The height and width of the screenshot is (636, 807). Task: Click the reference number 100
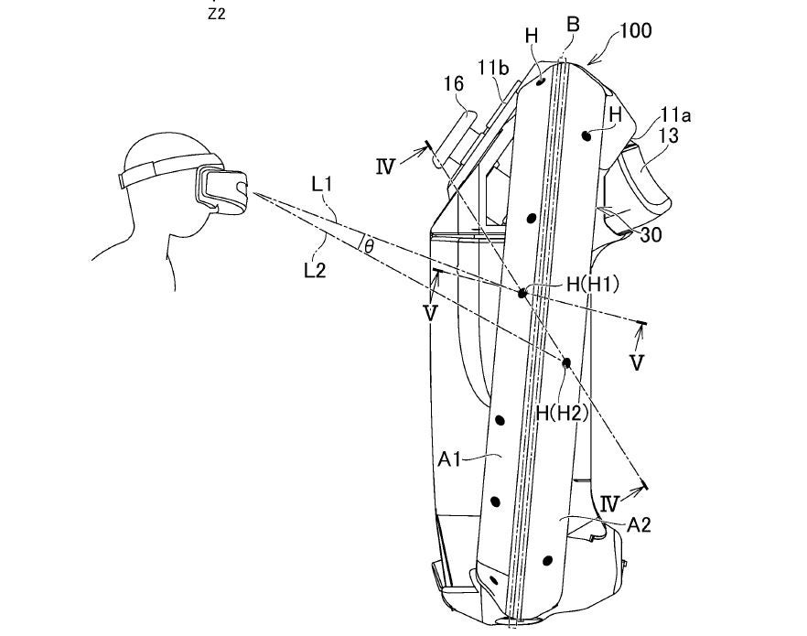(x=635, y=30)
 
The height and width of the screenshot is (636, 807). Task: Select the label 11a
(x=675, y=116)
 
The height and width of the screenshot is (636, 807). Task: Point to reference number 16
(x=454, y=85)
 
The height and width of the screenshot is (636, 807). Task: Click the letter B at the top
(x=573, y=24)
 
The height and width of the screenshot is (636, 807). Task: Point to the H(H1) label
(x=592, y=285)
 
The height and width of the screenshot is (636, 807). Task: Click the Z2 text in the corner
(x=217, y=14)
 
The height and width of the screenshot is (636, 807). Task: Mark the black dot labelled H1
(x=522, y=293)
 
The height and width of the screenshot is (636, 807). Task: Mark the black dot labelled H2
(x=566, y=363)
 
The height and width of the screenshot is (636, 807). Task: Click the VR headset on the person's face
(x=222, y=189)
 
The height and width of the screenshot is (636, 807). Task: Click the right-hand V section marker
(x=637, y=363)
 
